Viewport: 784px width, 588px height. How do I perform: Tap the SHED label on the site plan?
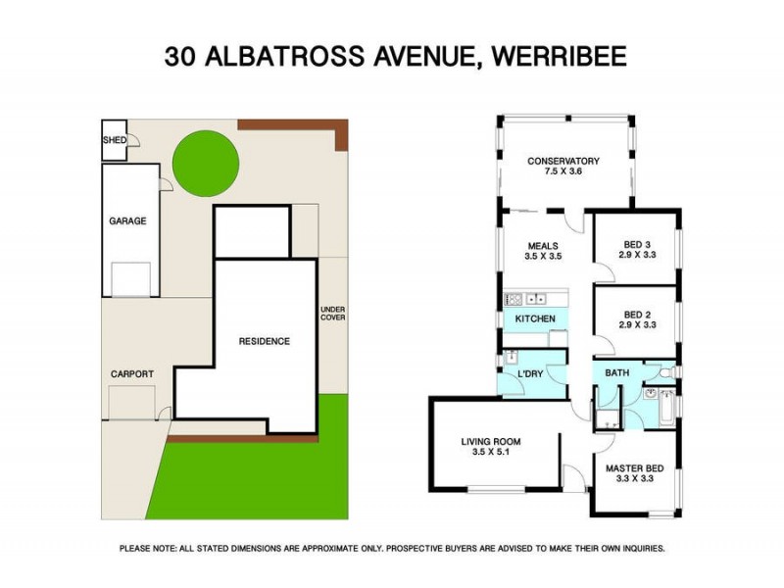[114, 140]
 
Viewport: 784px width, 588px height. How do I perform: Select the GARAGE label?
[127, 220]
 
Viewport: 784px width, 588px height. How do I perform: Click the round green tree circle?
[206, 165]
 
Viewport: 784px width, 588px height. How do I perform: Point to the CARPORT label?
[131, 373]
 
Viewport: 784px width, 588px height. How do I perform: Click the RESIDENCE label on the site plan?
[265, 341]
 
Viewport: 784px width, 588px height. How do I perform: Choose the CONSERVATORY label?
[563, 162]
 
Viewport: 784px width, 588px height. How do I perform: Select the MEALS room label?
[543, 246]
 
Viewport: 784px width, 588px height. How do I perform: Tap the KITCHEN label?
[536, 318]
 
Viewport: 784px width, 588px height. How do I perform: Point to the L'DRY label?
[530, 374]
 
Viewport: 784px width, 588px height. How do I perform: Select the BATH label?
[616, 373]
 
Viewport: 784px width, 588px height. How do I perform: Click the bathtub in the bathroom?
[666, 406]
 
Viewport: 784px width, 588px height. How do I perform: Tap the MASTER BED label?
[634, 468]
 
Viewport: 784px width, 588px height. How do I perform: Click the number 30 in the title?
[180, 57]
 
